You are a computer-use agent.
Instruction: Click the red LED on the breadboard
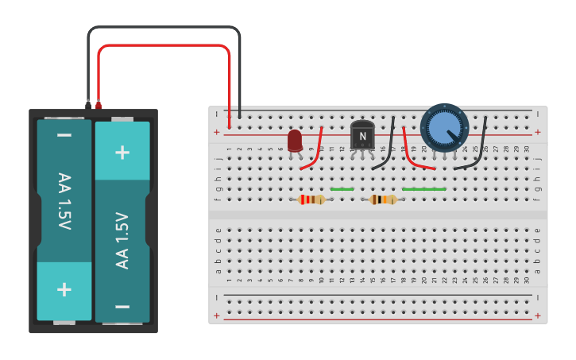pos(295,140)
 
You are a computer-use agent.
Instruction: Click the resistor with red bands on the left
pos(311,199)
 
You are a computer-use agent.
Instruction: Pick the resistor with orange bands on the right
pos(383,199)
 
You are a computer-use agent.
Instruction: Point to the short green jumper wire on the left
pos(342,189)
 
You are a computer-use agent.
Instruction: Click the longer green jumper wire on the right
pos(424,189)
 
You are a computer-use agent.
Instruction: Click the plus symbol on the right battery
pos(122,152)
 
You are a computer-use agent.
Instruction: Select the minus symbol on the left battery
pos(64,136)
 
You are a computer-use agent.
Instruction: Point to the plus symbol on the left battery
pos(64,289)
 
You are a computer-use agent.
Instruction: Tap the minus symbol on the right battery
pos(122,306)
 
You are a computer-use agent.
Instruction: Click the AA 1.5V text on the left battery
pos(64,201)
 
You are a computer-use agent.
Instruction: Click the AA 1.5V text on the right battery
pos(122,240)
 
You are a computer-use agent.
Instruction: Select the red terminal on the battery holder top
pos(99,104)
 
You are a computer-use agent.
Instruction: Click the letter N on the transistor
pos(362,137)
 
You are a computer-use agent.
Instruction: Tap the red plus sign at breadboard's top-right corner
pos(538,132)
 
